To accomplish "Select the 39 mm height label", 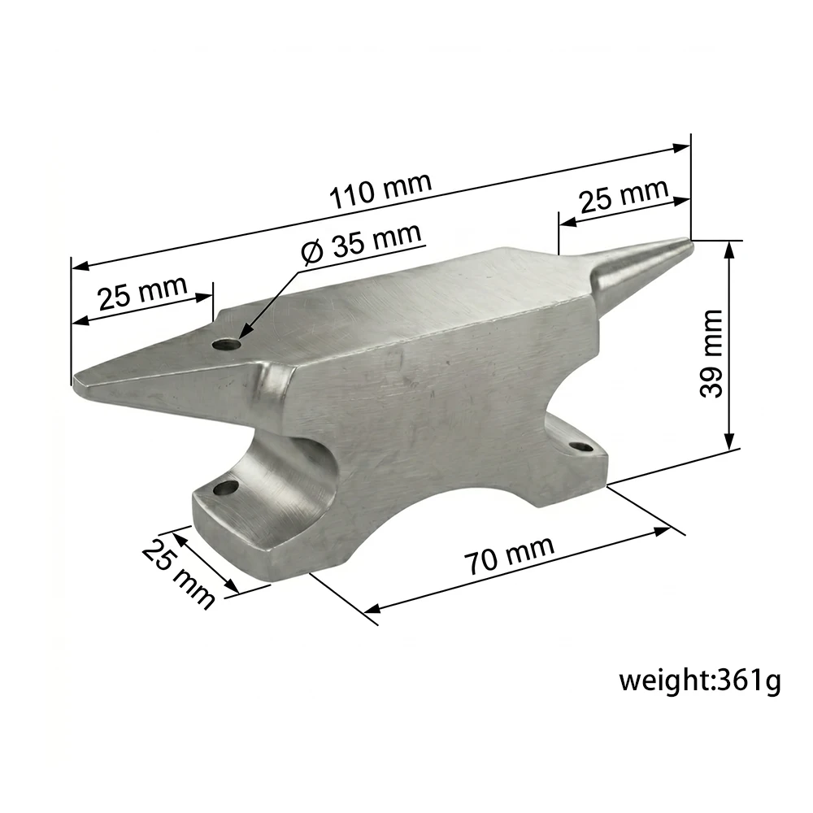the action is pos(711,354).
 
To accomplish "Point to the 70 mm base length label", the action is pos(509,557).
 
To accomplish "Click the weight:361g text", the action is pos(699,680).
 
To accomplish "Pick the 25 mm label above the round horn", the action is pos(624,195).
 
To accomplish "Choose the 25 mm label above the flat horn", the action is pos(142,292).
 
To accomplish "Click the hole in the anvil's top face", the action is pos(226,343).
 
